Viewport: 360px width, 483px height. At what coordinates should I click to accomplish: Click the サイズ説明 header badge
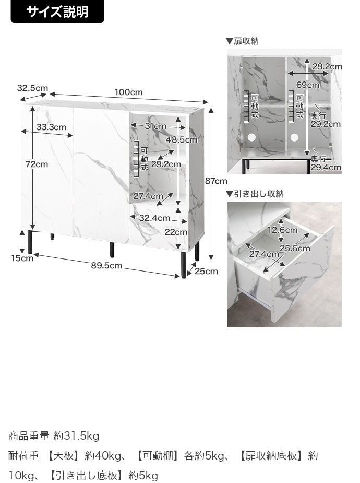(57, 11)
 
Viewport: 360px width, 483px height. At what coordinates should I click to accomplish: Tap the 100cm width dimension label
(129, 92)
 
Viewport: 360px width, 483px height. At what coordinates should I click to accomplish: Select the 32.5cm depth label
(33, 88)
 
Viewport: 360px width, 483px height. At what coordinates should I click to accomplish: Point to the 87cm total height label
(216, 181)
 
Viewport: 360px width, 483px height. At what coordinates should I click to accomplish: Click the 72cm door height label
(37, 164)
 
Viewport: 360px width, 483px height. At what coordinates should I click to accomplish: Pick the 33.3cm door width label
(51, 127)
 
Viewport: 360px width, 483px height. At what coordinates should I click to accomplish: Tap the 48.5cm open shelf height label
(182, 140)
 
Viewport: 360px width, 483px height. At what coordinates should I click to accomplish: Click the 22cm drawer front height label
(176, 232)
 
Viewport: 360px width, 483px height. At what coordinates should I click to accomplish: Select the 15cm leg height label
(22, 258)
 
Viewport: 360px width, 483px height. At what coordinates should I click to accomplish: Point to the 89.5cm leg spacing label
(106, 266)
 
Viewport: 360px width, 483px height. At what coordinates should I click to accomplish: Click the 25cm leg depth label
(206, 271)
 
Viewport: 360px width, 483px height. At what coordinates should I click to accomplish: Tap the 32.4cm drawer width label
(154, 218)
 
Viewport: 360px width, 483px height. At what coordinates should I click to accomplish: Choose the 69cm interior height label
(308, 85)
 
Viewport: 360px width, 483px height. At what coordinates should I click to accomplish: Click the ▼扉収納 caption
(242, 41)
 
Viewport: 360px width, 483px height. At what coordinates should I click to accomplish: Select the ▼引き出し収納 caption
(255, 194)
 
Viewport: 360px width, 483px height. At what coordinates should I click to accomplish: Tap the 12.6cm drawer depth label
(282, 230)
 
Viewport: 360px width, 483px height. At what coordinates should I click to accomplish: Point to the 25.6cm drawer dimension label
(295, 248)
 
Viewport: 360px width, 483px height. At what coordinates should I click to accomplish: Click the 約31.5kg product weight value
(76, 436)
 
